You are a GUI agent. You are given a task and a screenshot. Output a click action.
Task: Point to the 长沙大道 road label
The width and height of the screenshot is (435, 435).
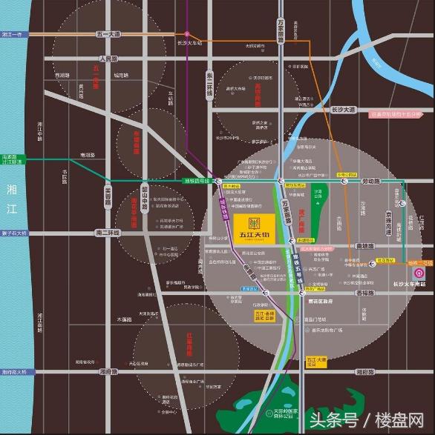pos(344,110)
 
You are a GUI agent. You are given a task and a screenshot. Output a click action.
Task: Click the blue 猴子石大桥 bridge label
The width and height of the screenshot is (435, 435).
pos(14,233)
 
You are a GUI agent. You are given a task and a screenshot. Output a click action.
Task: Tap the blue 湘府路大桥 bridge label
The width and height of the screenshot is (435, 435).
pos(13,371)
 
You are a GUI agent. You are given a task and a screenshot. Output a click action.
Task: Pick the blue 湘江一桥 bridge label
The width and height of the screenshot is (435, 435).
pos(13,34)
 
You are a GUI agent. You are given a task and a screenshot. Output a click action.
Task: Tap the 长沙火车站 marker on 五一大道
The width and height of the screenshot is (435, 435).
pos(187,34)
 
